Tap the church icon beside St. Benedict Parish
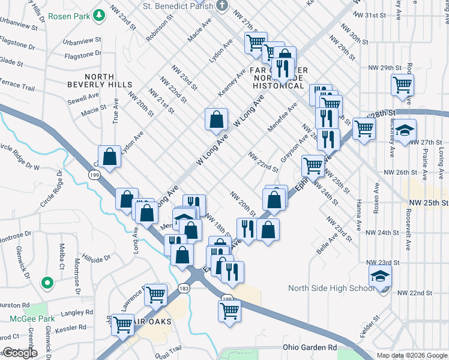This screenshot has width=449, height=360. (222, 6)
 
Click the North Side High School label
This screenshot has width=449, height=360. (331, 288)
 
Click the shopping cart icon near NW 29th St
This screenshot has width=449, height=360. (402, 84)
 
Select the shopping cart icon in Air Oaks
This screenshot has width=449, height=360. (123, 324)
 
